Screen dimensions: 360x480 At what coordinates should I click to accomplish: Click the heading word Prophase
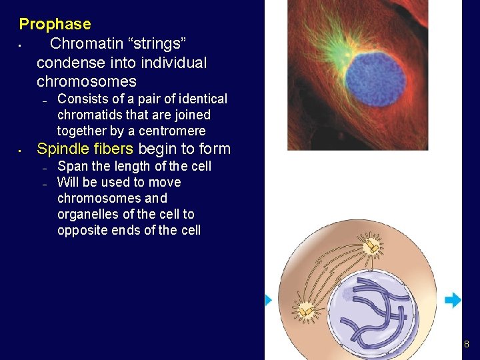click(55, 25)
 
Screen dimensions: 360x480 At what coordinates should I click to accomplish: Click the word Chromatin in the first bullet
click(82, 44)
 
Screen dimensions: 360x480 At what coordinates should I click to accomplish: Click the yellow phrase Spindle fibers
click(85, 149)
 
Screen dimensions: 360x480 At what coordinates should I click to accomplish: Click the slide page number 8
click(466, 345)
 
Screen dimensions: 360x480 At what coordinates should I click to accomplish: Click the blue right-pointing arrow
click(453, 300)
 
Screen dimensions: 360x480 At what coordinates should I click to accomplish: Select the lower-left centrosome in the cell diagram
click(306, 311)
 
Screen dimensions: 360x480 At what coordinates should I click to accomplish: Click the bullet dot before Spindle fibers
click(21, 150)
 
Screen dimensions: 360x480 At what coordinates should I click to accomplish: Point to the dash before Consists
click(43, 101)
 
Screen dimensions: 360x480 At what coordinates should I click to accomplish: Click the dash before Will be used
click(43, 183)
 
